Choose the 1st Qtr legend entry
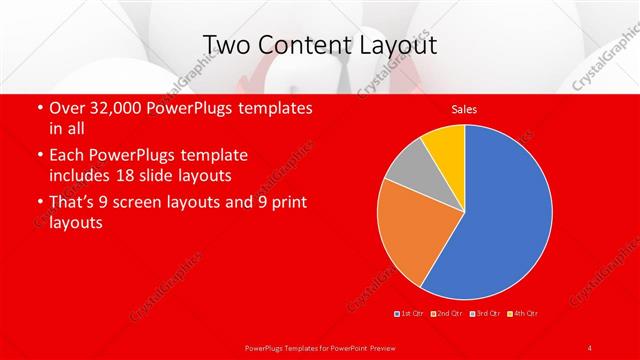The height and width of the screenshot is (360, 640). (411, 314)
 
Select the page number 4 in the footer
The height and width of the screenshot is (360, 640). (589, 347)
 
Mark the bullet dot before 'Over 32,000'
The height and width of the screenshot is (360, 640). (38, 108)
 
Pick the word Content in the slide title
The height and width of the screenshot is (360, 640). (300, 45)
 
